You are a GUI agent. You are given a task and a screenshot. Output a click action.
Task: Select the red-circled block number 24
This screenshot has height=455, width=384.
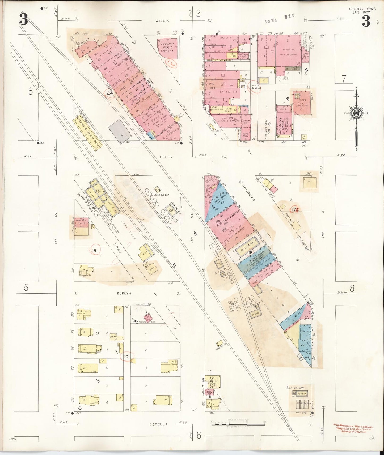tap(110, 93)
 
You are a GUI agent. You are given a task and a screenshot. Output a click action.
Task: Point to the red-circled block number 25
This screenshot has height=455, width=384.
tap(254, 87)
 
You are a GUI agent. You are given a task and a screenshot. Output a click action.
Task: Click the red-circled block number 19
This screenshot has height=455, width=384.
tap(94, 250)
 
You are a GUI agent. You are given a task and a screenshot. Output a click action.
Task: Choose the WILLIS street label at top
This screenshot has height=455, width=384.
tap(162, 21)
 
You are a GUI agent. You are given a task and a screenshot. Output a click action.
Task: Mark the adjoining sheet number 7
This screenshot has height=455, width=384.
tap(344, 79)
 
